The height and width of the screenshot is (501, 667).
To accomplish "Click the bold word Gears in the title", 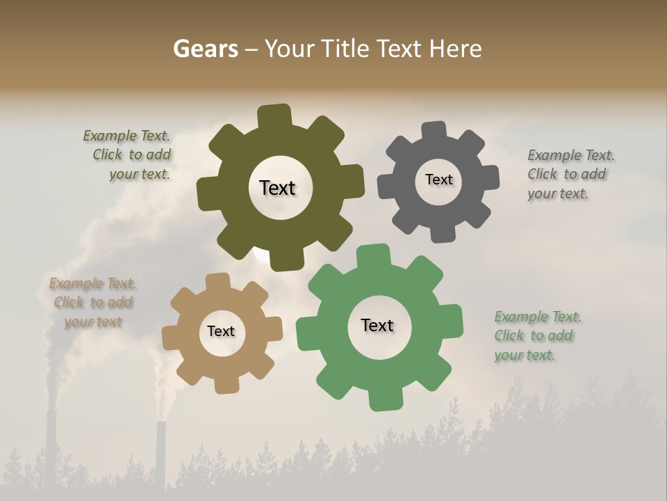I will pos(205,49).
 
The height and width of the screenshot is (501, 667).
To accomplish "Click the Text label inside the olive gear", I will pos(277,188).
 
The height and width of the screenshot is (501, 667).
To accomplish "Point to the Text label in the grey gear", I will pos(438,180).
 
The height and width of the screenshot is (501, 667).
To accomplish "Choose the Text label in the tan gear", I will pos(221,331).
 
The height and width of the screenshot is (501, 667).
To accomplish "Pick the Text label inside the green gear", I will pos(377,325).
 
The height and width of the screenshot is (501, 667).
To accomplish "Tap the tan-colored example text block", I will pos(93,303).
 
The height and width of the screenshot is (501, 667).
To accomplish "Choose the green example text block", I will pos(536,336).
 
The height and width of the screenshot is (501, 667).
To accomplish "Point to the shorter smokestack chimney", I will pos(160,456).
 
